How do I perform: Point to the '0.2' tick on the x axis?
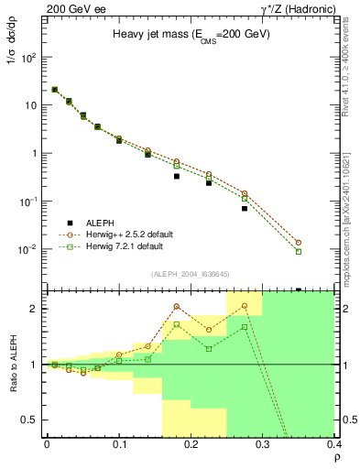coord(191,445)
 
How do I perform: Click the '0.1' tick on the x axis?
coord(118,445)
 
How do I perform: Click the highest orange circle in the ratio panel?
coord(245,305)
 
